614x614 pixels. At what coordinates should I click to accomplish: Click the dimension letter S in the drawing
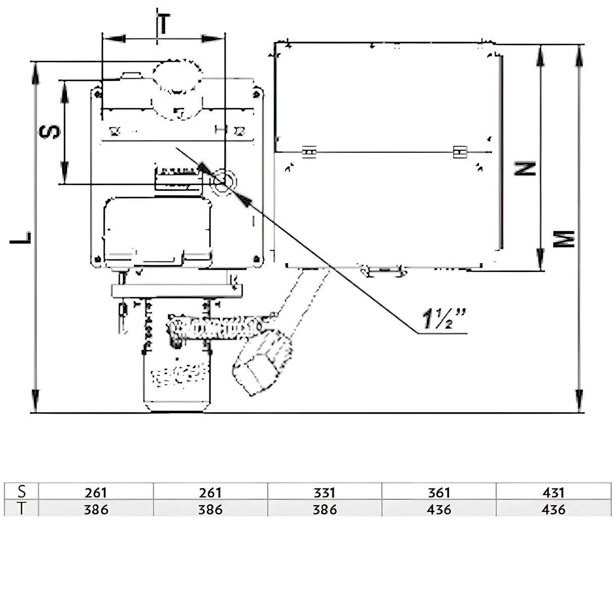pyautogui.click(x=51, y=132)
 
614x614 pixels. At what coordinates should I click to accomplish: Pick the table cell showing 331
pyautogui.click(x=324, y=492)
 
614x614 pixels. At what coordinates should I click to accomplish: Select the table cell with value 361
pyautogui.click(x=438, y=492)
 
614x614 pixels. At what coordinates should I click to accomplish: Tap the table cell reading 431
pyautogui.click(x=553, y=492)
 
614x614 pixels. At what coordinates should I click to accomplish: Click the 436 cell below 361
pyautogui.click(x=438, y=509)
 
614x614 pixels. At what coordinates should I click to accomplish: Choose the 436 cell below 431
pyautogui.click(x=553, y=509)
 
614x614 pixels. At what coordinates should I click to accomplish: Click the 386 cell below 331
pyautogui.click(x=324, y=509)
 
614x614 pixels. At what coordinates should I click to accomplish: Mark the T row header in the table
pyautogui.click(x=21, y=509)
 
